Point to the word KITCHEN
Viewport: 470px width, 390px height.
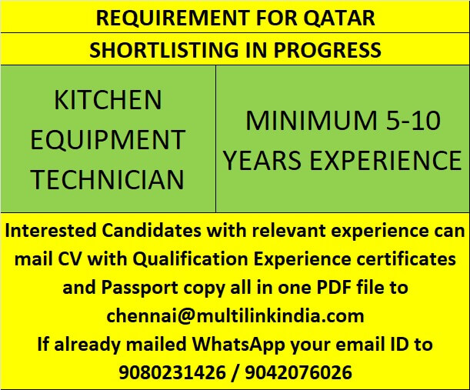coord(108,100)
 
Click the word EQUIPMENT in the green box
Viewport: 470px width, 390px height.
coord(108,140)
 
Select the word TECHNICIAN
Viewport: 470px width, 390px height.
coord(108,180)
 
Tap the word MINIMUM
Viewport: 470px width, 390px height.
coord(310,120)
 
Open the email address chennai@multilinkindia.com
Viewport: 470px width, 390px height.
coord(235,316)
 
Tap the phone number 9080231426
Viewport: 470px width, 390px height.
coord(171,372)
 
